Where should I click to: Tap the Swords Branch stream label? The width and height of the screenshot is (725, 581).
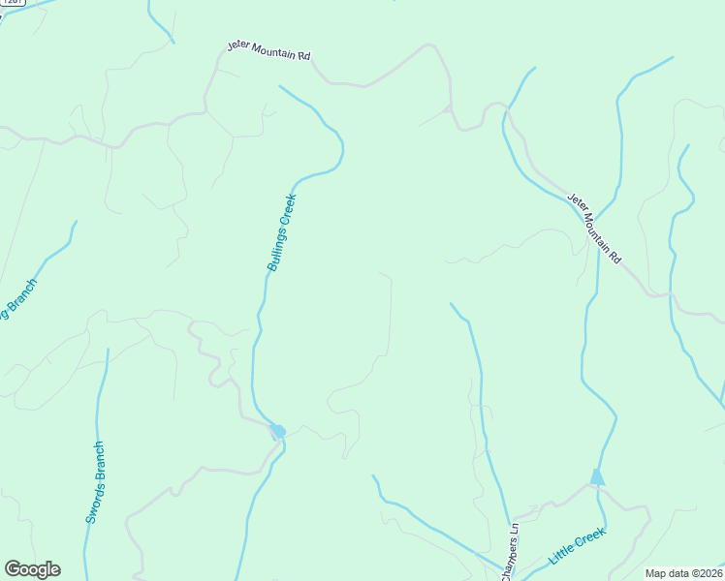[x=94, y=482]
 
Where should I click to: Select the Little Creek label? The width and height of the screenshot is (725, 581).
[x=578, y=546]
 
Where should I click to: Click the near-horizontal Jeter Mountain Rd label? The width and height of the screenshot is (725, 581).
[x=268, y=50]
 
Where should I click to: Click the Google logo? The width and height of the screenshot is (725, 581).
[x=32, y=569]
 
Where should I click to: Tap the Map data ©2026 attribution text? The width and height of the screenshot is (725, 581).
[x=683, y=573]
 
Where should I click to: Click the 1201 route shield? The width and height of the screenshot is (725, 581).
[x=12, y=3]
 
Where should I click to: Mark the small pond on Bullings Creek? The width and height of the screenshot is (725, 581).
[x=278, y=431]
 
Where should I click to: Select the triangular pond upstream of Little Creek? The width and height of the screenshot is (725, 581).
[x=597, y=476]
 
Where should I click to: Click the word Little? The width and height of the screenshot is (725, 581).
[x=561, y=556]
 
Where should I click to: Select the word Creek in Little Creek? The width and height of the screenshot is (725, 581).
[x=590, y=537]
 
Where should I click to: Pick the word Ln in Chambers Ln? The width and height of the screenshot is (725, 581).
[x=515, y=530]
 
